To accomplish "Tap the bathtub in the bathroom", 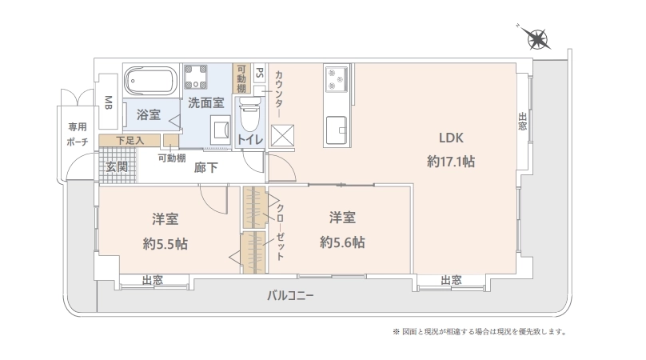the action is click(151, 81).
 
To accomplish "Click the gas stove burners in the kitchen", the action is click(336, 78).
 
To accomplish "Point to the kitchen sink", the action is click(337, 130).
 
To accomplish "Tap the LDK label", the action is click(451, 138).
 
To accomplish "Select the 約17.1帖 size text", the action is click(451, 162).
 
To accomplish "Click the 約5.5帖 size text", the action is click(165, 244).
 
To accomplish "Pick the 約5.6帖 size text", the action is click(342, 242).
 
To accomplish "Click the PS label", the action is click(260, 73).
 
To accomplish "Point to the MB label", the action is click(109, 102).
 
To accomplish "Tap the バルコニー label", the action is click(290, 295).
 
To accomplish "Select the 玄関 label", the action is click(117, 167).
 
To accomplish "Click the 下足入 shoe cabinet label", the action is click(130, 140).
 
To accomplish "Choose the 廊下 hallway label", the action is click(206, 167).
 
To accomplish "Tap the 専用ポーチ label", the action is click(78, 134).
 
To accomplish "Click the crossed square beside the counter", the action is click(283, 136).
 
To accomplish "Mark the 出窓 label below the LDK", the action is click(451, 281).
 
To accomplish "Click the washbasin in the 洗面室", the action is click(221, 130).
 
